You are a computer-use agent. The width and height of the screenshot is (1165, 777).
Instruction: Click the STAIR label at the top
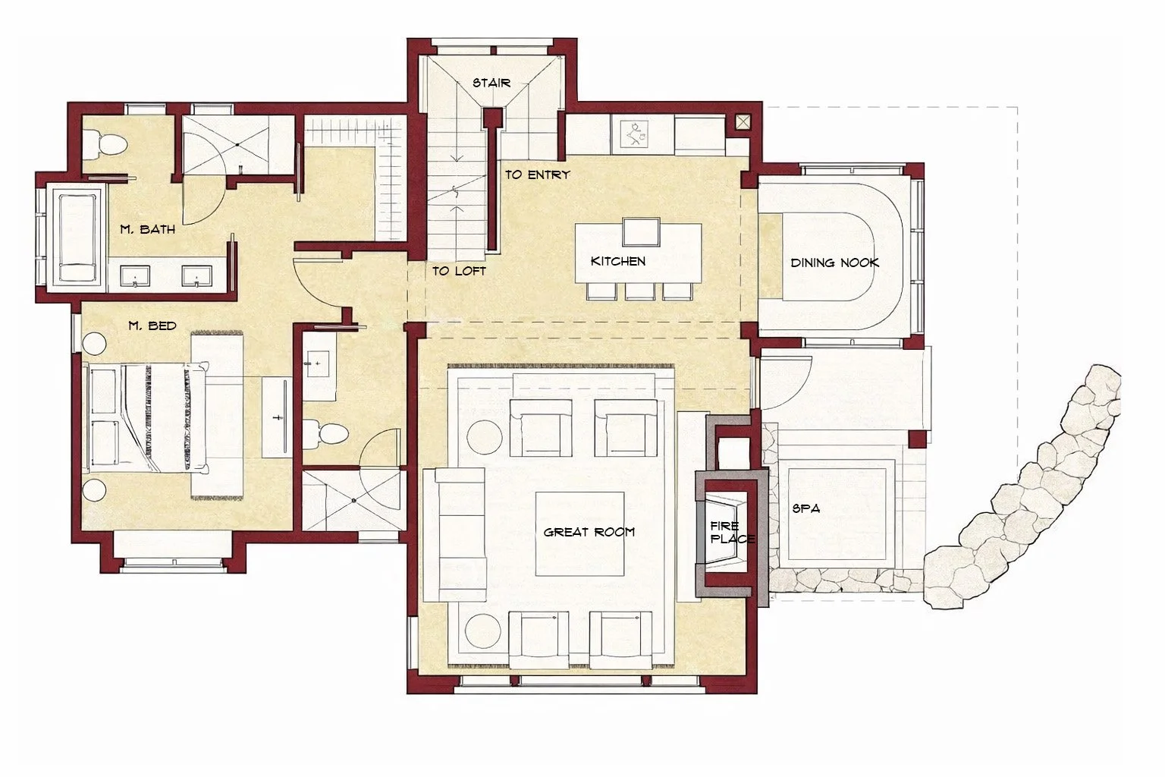coord(491,83)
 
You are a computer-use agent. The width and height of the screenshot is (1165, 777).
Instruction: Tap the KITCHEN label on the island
coord(618,261)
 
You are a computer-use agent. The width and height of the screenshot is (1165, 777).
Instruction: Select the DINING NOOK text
coord(834,263)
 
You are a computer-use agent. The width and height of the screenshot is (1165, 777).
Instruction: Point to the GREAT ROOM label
coord(589,532)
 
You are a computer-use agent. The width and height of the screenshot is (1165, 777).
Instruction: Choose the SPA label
coord(805,508)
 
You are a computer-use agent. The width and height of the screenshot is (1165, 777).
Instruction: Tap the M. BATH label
coord(147,228)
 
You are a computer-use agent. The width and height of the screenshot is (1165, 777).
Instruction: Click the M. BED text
coord(152,326)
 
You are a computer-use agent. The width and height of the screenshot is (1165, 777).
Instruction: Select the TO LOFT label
coord(459,271)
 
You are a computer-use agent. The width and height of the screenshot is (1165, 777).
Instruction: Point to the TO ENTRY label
coord(537,175)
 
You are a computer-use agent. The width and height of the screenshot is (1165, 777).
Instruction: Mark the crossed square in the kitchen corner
coord(742,121)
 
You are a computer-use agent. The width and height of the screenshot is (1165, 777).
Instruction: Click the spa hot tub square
coord(837,510)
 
